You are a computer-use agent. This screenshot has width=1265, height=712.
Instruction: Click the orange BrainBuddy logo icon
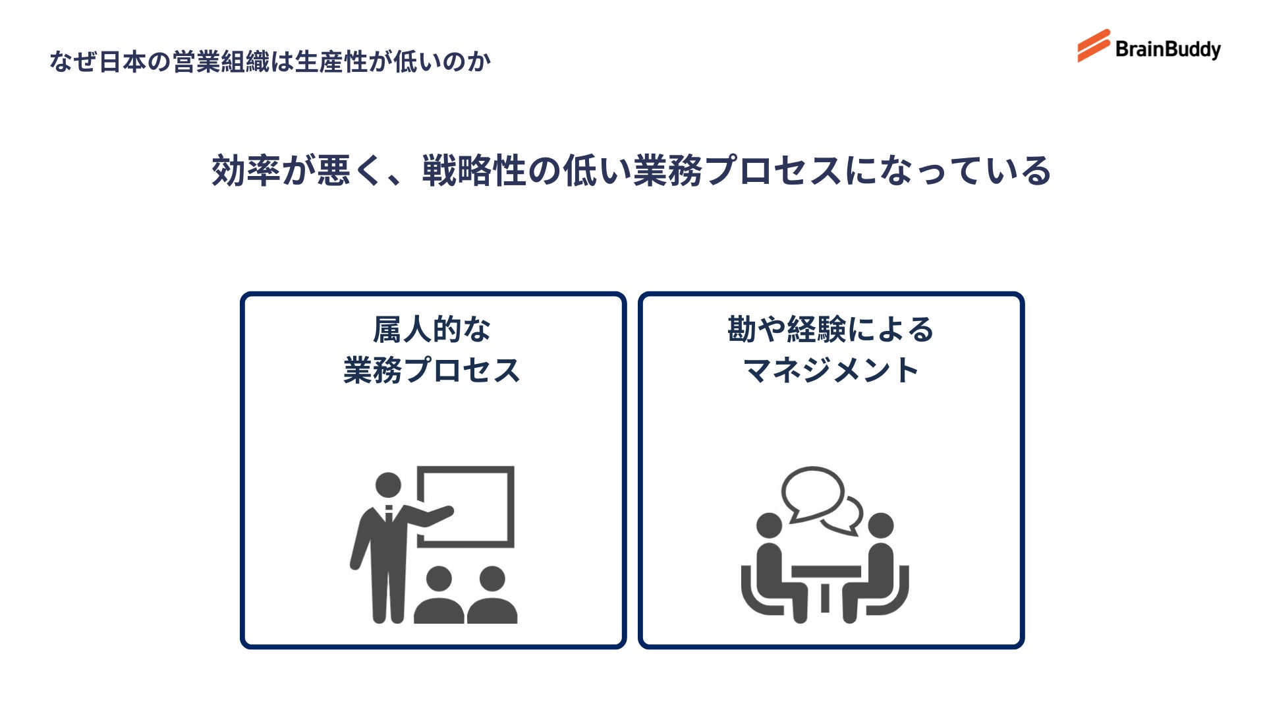[x=1094, y=45]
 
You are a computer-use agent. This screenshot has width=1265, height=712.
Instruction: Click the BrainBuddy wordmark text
[x=1167, y=49]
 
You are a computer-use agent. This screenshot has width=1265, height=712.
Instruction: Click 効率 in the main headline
[x=246, y=171]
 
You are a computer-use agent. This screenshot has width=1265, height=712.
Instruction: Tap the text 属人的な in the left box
[x=432, y=330]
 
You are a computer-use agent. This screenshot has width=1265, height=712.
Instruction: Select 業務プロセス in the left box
[x=432, y=371]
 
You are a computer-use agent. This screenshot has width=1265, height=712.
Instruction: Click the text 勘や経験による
[x=831, y=330]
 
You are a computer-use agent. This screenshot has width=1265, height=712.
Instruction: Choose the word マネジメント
[x=831, y=371]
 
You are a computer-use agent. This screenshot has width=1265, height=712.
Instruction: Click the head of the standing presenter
[x=388, y=485]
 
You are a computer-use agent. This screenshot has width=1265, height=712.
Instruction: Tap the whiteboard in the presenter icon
[x=466, y=506]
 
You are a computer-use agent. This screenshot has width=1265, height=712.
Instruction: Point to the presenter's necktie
[x=389, y=514]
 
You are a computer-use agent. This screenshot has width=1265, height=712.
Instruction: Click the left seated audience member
[x=439, y=597]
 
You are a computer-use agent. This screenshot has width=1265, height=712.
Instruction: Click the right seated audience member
[x=492, y=597]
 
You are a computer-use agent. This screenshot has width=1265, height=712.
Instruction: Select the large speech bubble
[x=812, y=493]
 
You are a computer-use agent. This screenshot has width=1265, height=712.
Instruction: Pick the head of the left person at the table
[x=769, y=526]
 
